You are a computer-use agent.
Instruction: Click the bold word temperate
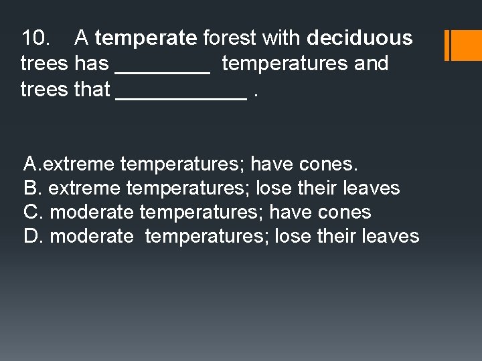pos(146,38)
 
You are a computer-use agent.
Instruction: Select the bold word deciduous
pos(359,38)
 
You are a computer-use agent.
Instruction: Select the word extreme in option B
pos(85,188)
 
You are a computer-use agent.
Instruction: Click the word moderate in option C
pos(92,212)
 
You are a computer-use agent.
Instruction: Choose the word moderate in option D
pos(92,236)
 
